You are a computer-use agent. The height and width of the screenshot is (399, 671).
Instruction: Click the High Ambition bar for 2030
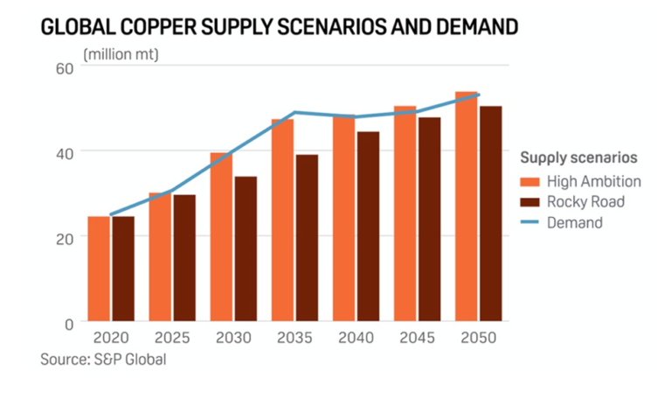pos(221,236)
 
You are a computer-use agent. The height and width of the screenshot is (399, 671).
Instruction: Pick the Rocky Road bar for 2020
pos(123,268)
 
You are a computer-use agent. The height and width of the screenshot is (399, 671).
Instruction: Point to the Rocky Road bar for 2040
pos(368,226)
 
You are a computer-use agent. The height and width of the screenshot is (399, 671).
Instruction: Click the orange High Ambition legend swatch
pos(529,182)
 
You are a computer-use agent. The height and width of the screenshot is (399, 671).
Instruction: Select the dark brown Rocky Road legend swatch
pos(529,202)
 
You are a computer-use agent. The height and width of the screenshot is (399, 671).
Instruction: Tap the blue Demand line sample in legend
pos(529,223)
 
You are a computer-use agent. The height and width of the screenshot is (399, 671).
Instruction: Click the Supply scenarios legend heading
pos(578,158)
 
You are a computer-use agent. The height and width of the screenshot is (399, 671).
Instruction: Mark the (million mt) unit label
pos(120,55)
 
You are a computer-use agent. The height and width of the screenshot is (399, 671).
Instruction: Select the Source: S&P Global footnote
pos(102,359)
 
